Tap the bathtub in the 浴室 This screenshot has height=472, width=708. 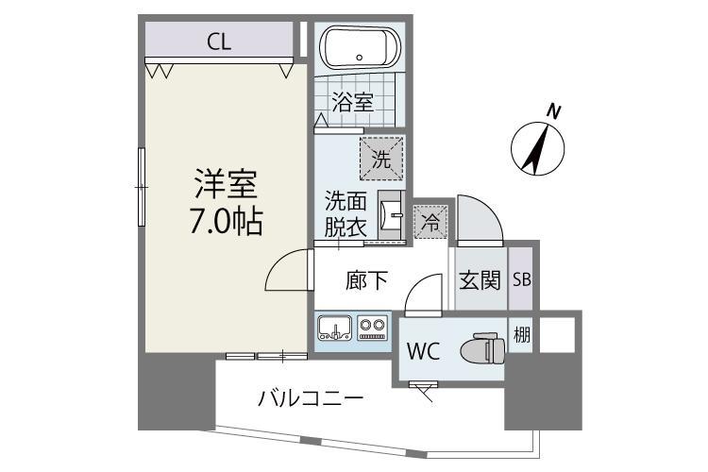361,46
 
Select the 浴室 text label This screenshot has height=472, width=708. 353,102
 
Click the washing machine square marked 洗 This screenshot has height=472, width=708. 380,159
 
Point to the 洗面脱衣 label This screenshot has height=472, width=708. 346,214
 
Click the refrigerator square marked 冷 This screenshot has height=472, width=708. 430,223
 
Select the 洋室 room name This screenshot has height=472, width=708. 225,182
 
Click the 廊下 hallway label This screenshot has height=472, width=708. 366,280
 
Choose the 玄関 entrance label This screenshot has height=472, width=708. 479,280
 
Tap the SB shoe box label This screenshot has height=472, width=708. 521,280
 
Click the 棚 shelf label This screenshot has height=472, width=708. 521,333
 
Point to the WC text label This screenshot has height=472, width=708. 422,351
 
